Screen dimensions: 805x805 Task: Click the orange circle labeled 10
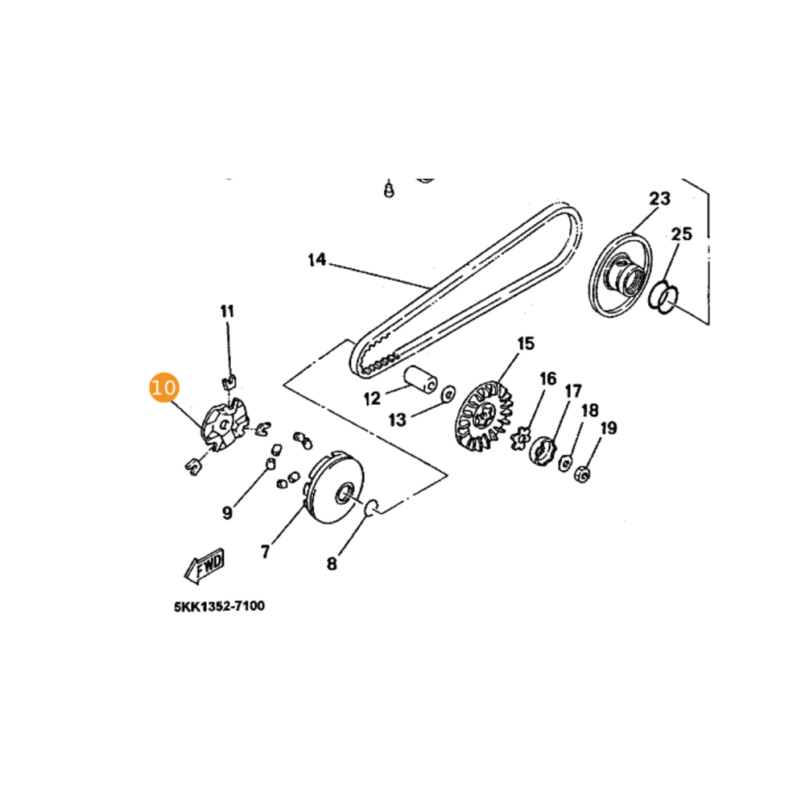pos(163,387)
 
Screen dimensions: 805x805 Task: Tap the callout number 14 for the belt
pos(317,260)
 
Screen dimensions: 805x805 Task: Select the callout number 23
pos(660,199)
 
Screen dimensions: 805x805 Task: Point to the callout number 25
pos(681,234)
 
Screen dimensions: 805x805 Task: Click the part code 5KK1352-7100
pos(219,606)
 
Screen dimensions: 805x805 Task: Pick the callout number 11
pos(228,311)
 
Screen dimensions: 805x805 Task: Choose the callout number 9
pos(228,511)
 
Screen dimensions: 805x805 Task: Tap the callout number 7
pos(265,551)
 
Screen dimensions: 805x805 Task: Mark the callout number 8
pos(332,563)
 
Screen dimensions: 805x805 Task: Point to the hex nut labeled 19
pos(582,474)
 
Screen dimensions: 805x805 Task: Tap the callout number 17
pos(572,392)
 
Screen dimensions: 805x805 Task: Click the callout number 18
pos(590,411)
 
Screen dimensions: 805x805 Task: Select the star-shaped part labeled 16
pos(520,440)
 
